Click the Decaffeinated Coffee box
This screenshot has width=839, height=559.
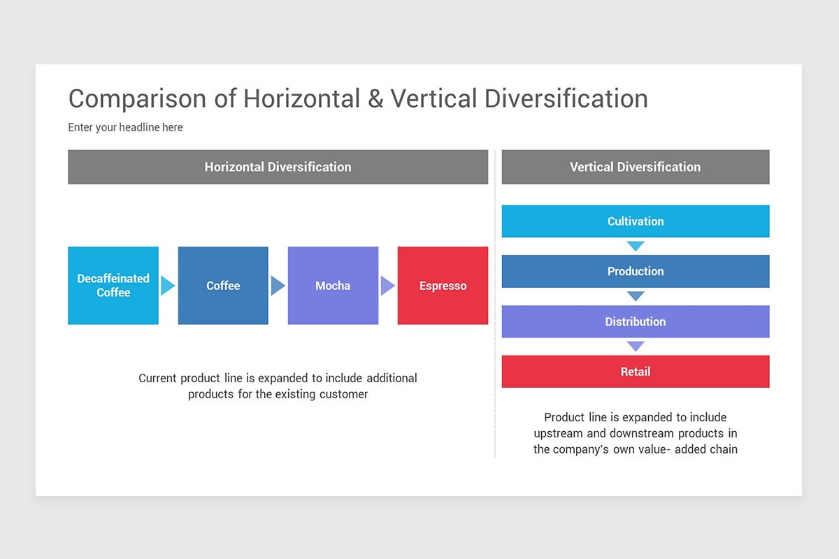(x=113, y=285)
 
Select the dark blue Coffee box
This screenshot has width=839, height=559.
(x=223, y=285)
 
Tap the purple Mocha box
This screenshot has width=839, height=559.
(x=333, y=285)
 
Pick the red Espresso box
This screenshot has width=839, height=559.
(x=443, y=285)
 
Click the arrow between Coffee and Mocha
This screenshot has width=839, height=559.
(x=278, y=286)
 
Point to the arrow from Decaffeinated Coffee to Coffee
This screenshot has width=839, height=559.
(x=167, y=286)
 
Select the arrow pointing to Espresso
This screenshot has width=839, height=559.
(x=387, y=286)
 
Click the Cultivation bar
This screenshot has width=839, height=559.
(x=635, y=221)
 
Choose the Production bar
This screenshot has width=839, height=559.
(x=635, y=271)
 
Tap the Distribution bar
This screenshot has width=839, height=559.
(x=635, y=321)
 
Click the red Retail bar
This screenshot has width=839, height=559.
(x=635, y=372)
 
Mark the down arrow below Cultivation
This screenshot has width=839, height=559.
(x=635, y=246)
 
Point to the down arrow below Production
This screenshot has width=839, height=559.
(x=635, y=296)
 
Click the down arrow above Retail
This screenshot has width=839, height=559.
(x=635, y=346)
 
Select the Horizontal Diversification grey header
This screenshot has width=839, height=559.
(x=278, y=167)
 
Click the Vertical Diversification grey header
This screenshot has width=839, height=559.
(x=635, y=167)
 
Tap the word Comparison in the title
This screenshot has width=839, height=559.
(x=138, y=99)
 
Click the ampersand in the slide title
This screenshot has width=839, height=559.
(x=375, y=99)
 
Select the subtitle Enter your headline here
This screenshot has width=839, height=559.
(x=125, y=127)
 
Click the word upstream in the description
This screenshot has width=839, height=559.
(x=558, y=433)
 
